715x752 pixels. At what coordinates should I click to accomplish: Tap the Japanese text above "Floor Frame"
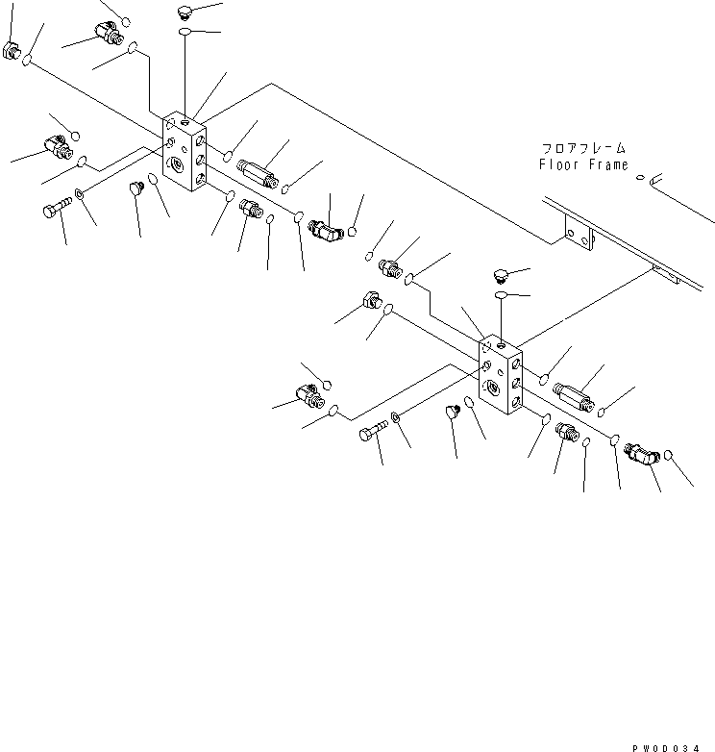(583, 148)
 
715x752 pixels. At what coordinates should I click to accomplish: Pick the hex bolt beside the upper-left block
(56, 210)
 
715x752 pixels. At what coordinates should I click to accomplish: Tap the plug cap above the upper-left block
(185, 13)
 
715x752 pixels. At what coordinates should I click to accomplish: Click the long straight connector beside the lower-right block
(574, 394)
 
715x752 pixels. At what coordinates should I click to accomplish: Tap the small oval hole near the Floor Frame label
(641, 176)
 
